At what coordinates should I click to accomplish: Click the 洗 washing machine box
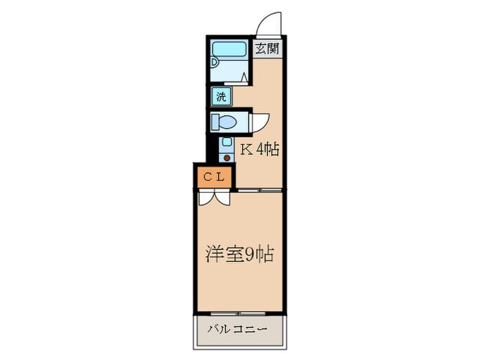point(221,96)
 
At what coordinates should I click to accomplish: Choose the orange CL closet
point(212,177)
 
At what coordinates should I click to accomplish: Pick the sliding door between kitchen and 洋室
point(259,189)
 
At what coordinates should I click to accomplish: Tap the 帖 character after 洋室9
point(266,254)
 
